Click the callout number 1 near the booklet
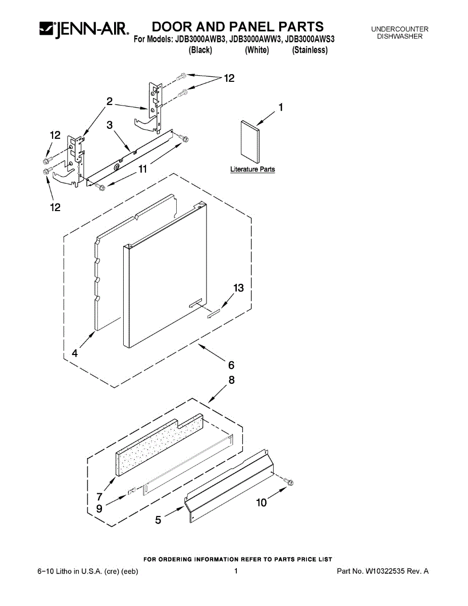pyautogui.click(x=281, y=107)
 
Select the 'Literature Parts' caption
pyautogui.click(x=252, y=170)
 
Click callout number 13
pyautogui.click(x=238, y=288)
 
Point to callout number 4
pyautogui.click(x=75, y=354)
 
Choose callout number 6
pyautogui.click(x=231, y=365)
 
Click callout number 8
pyautogui.click(x=231, y=380)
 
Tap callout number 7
pyautogui.click(x=99, y=496)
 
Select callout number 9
pyautogui.click(x=99, y=509)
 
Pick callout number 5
pyautogui.click(x=159, y=520)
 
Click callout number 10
pyautogui.click(x=261, y=502)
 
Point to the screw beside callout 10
pyautogui.click(x=289, y=483)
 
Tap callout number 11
pyautogui.click(x=143, y=169)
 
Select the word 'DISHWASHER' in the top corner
pyautogui.click(x=400, y=36)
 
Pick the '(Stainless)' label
pyautogui.click(x=310, y=50)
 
